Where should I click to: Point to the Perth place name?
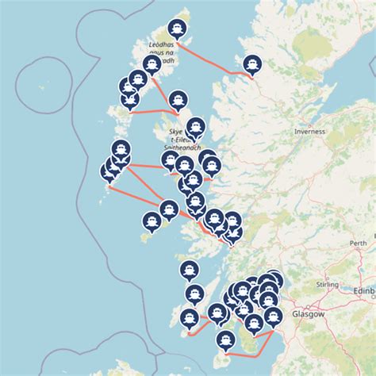click(x=359, y=244)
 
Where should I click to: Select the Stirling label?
click(x=328, y=282)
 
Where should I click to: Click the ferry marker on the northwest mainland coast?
click(x=252, y=63)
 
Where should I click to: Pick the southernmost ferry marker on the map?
click(x=225, y=340)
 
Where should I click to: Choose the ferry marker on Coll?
click(x=168, y=209)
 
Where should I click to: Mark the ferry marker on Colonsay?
click(x=189, y=270)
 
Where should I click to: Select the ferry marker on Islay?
click(x=189, y=319)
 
